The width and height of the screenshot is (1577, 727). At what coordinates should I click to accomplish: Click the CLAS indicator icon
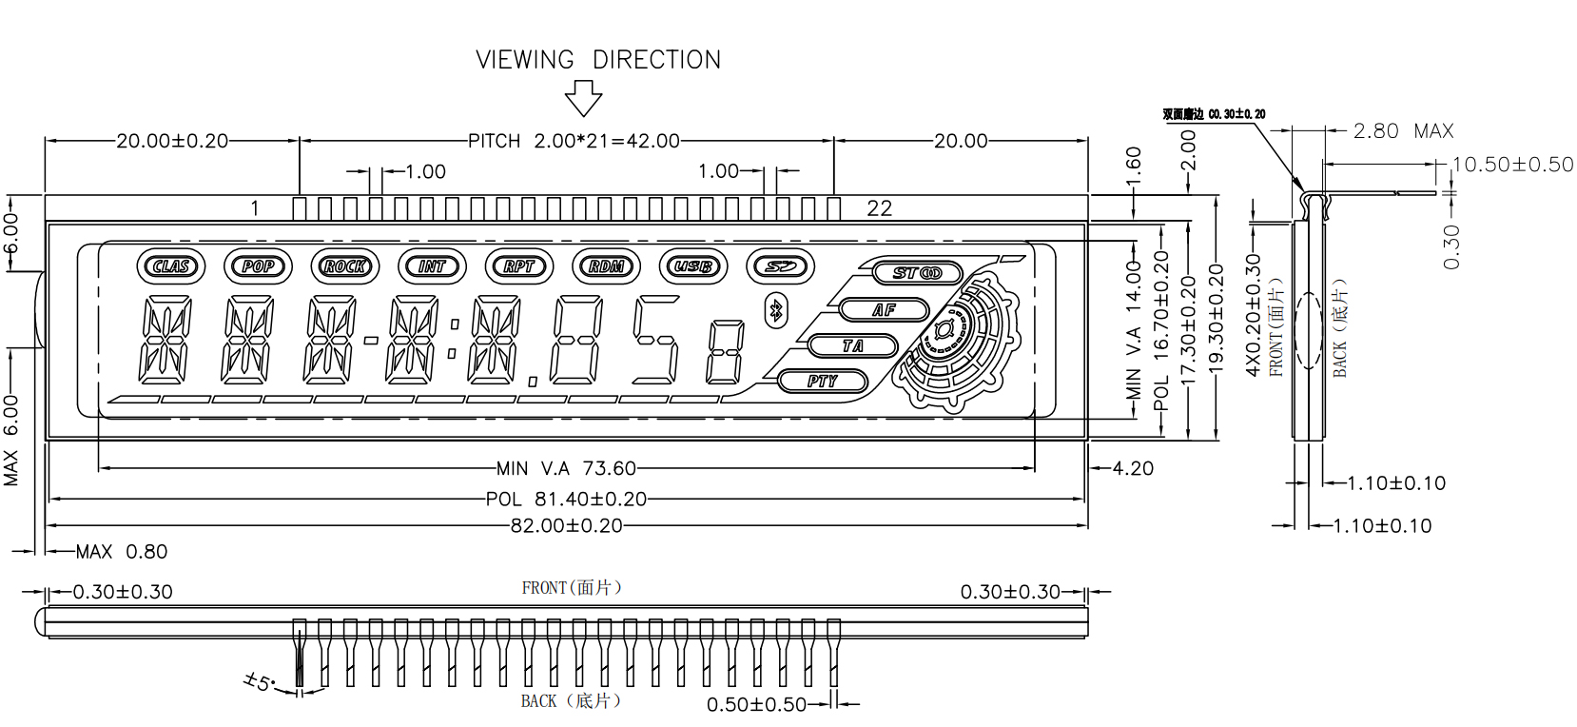click(x=171, y=266)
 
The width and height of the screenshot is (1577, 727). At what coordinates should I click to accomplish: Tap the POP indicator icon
click(x=258, y=266)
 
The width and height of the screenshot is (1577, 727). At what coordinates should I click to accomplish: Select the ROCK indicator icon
click(x=345, y=266)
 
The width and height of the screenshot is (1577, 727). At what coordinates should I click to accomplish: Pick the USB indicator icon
click(x=693, y=266)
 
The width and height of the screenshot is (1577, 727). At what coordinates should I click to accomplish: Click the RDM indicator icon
click(x=607, y=266)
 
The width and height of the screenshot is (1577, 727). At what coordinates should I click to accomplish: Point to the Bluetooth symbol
click(x=775, y=309)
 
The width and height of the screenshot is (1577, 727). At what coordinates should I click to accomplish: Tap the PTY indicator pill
click(x=823, y=382)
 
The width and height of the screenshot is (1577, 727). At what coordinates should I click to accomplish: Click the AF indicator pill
click(x=884, y=309)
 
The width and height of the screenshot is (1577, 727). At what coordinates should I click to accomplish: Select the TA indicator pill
click(x=852, y=345)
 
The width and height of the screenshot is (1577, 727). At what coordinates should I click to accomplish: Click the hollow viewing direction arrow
click(x=583, y=97)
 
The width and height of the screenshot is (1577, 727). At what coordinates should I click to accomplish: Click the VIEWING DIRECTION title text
click(x=598, y=60)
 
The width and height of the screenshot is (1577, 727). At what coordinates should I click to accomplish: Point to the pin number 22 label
click(x=880, y=208)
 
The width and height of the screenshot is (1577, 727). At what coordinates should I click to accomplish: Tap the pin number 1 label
click(x=255, y=208)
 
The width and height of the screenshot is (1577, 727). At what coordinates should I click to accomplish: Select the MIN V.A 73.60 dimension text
click(x=566, y=468)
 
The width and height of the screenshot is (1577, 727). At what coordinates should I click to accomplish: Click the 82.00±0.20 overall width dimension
click(x=566, y=525)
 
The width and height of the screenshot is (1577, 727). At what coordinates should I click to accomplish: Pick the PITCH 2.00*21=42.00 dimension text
click(x=574, y=141)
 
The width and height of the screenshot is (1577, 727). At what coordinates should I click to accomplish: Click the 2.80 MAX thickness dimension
click(x=1403, y=131)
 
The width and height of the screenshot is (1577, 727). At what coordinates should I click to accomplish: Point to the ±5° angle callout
click(x=258, y=681)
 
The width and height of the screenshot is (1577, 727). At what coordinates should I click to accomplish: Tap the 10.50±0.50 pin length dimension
click(x=1512, y=165)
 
